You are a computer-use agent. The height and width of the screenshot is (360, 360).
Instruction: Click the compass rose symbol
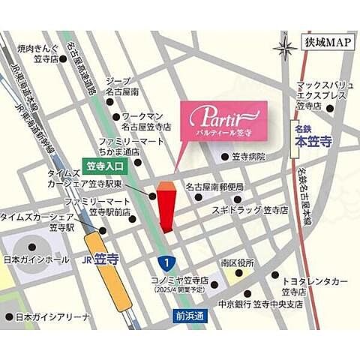click(x=285, y=48)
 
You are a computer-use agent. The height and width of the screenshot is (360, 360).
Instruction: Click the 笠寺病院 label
click(x=250, y=157)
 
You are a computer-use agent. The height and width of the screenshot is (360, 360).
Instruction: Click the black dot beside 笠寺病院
click(x=222, y=157)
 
